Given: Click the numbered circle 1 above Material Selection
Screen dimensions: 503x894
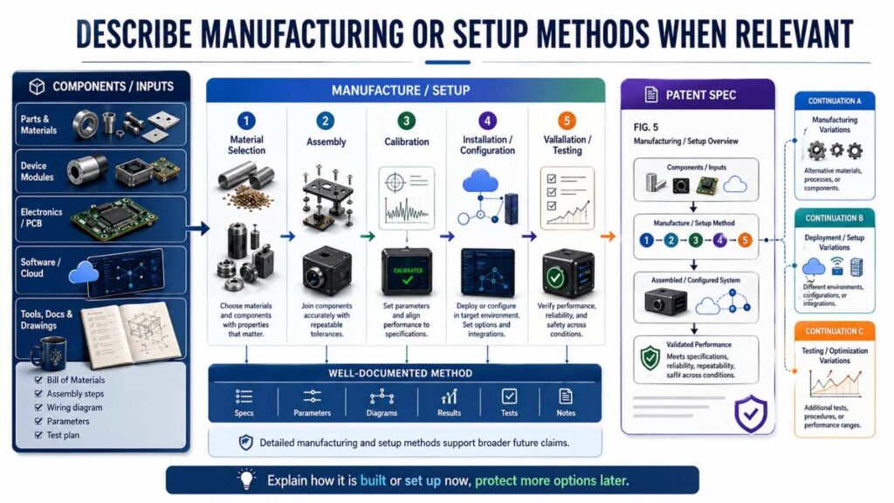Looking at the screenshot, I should point(247,121).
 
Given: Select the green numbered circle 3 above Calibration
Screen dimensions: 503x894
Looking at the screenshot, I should point(406,121).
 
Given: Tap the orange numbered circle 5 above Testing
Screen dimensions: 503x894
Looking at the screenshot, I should point(567,121).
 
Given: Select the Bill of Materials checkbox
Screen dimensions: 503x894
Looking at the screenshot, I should point(37,380).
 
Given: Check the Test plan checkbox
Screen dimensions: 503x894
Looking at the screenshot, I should point(37,435).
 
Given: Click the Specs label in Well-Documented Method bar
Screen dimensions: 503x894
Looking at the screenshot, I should point(244,413).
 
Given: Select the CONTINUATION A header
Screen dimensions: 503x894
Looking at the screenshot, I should point(834,101).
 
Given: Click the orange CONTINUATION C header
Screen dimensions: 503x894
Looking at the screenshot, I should point(834,331).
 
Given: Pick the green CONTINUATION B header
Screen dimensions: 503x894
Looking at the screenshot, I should point(834,218).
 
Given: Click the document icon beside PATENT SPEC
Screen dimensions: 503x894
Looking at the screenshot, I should point(650,93).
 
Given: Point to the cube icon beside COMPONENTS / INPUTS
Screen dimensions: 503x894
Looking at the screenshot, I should point(37,86).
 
